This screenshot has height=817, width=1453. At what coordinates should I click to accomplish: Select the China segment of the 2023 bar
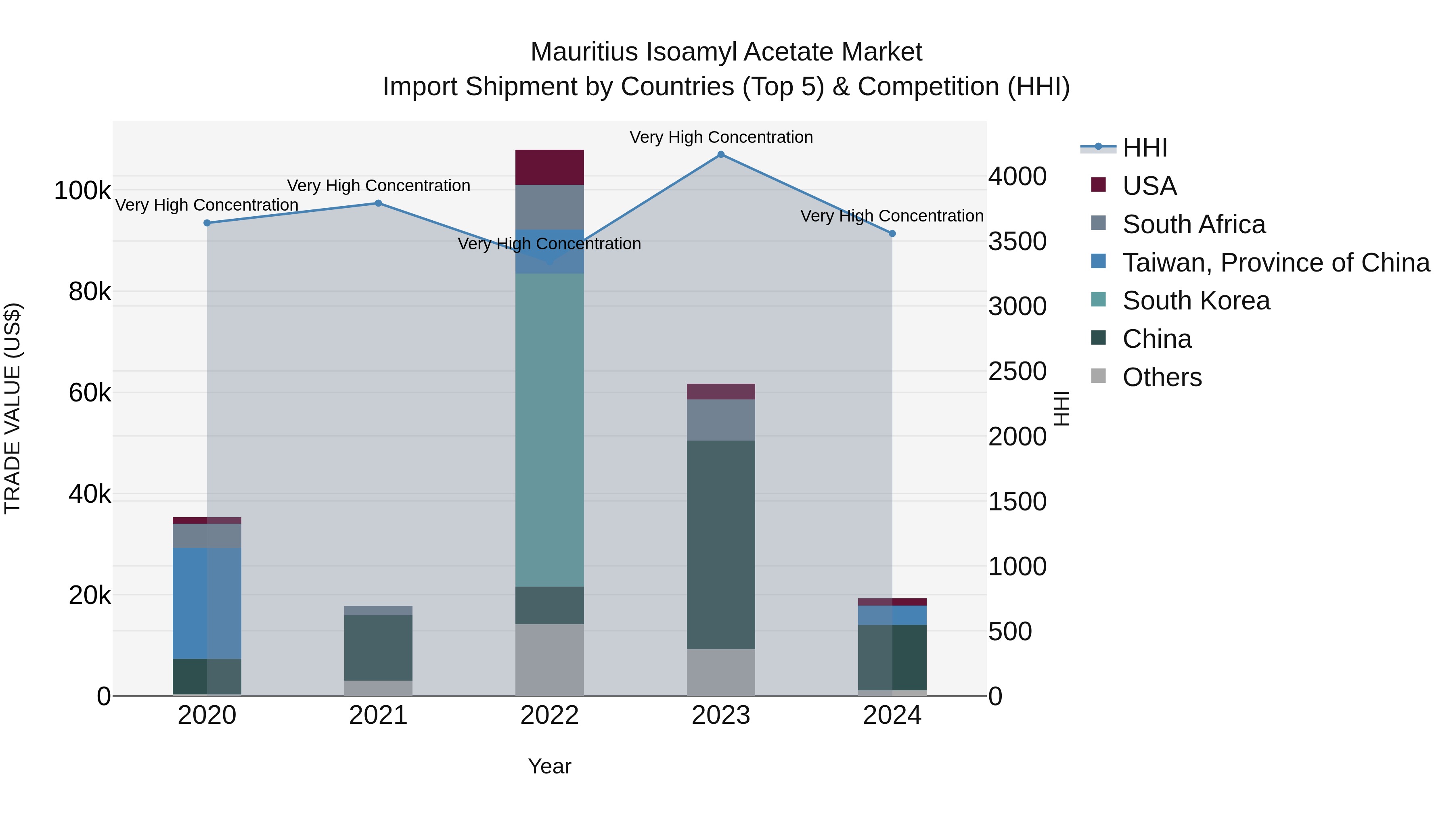pyautogui.click(x=721, y=544)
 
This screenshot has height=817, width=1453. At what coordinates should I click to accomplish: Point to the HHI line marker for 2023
pyautogui.click(x=721, y=155)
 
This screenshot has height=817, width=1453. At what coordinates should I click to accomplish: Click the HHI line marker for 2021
pyautogui.click(x=379, y=203)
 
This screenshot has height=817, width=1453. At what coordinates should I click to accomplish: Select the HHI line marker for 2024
pyautogui.click(x=892, y=234)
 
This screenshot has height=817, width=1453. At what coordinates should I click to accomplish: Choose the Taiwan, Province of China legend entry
pyautogui.click(x=1276, y=263)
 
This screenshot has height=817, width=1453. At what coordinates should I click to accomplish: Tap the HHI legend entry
pyautogui.click(x=1145, y=148)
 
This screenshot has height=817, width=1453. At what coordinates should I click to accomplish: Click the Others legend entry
pyautogui.click(x=1162, y=377)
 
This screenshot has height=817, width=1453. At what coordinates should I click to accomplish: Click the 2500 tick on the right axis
pyautogui.click(x=1017, y=371)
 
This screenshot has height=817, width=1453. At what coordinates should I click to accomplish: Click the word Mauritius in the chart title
pyautogui.click(x=584, y=52)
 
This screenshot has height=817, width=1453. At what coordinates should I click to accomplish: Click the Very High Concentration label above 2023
pyautogui.click(x=721, y=137)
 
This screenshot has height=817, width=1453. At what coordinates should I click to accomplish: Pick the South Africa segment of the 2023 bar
pyautogui.click(x=721, y=420)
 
